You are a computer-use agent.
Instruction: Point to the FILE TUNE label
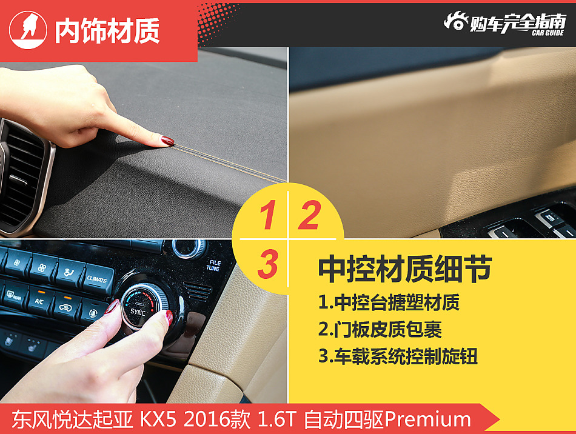pyautogui.click(x=213, y=265)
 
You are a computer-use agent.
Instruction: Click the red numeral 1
pyautogui.click(x=267, y=217)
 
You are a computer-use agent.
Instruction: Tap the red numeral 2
pyautogui.click(x=309, y=216)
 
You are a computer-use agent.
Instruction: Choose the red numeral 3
pyautogui.click(x=267, y=264)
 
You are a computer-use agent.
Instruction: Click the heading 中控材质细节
pyautogui.click(x=404, y=269)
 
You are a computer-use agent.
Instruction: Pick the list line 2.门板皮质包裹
pyautogui.click(x=380, y=329)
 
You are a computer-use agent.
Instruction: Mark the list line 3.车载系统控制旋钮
pyautogui.click(x=398, y=356)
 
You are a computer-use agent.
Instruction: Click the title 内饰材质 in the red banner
pyautogui.click(x=107, y=31)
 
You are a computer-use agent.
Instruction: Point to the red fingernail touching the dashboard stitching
pyautogui.click(x=167, y=141)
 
